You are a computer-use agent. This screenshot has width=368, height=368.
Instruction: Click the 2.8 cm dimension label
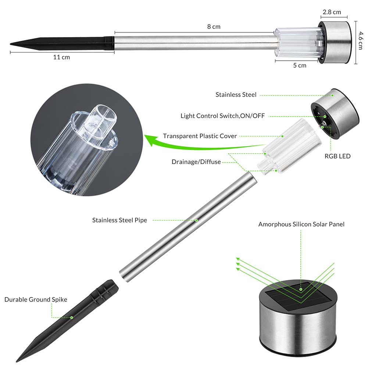click(x=332, y=12)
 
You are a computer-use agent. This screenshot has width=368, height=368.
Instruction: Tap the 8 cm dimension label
click(x=214, y=26)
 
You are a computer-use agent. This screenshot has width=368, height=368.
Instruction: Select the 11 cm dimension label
click(x=61, y=57)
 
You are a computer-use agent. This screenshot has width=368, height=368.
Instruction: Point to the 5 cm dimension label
click(x=300, y=65)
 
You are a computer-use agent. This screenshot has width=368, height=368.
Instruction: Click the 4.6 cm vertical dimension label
click(x=361, y=40)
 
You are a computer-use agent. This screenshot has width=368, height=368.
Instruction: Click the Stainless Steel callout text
click(x=236, y=94)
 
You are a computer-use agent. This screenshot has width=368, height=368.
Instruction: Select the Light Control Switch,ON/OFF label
click(x=222, y=116)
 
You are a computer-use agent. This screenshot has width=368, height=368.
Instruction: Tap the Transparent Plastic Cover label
click(x=200, y=136)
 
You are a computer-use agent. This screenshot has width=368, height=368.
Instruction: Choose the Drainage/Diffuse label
click(x=196, y=162)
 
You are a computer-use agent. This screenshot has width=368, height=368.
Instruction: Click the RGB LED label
click(x=337, y=156)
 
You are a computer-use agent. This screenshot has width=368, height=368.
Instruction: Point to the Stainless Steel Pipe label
click(x=120, y=220)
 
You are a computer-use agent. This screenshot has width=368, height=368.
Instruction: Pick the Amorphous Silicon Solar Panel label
click(x=301, y=224)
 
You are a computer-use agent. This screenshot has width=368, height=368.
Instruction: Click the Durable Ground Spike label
click(x=36, y=300)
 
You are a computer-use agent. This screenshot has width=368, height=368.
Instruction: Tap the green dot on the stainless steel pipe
click(x=196, y=220)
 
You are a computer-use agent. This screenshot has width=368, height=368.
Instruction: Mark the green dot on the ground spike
click(x=72, y=318)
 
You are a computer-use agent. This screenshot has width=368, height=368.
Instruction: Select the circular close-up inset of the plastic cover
click(x=87, y=140)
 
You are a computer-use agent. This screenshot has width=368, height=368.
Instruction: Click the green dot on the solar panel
click(x=301, y=289)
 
